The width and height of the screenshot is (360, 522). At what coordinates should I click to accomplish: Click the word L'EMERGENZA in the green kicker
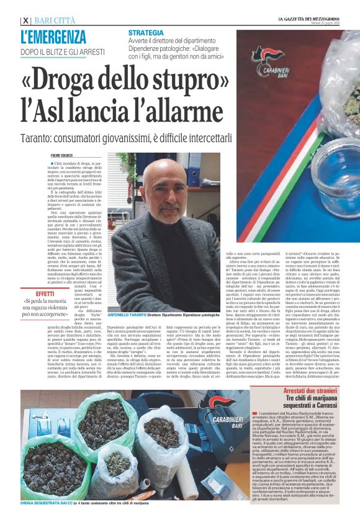coord(53,37)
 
